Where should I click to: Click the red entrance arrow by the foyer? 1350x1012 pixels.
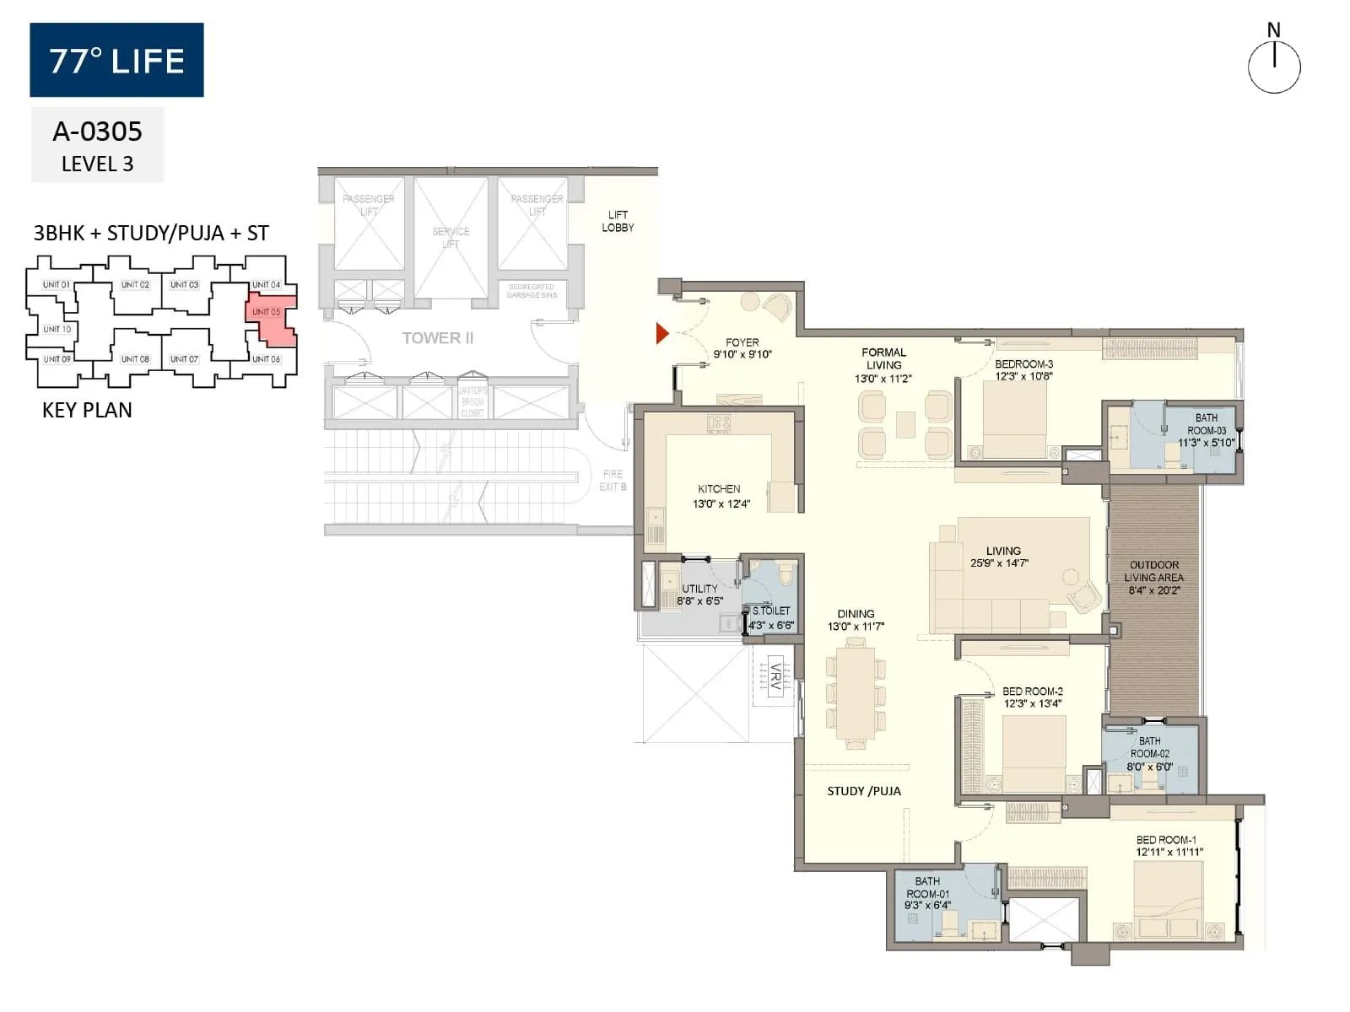click(662, 334)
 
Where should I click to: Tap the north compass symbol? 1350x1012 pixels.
click(1274, 67)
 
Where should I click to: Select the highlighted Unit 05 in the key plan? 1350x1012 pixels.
click(270, 319)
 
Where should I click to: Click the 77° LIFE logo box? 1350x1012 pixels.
click(116, 60)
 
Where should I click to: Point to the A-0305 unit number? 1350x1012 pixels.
click(97, 132)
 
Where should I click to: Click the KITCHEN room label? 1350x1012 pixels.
click(719, 489)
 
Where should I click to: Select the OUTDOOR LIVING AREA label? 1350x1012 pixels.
click(1154, 578)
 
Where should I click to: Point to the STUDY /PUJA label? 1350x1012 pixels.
click(864, 791)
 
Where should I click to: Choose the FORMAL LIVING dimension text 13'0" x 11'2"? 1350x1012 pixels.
click(883, 379)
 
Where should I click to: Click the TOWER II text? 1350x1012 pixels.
click(437, 338)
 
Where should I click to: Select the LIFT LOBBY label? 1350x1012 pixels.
click(618, 221)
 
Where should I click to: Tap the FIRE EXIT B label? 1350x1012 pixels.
click(613, 480)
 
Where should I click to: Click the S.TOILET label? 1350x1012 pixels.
click(771, 611)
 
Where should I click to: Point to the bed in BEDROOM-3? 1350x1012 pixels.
click(1015, 419)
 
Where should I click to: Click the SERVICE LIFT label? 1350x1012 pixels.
click(451, 237)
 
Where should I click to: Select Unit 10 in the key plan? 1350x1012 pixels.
click(57, 329)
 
